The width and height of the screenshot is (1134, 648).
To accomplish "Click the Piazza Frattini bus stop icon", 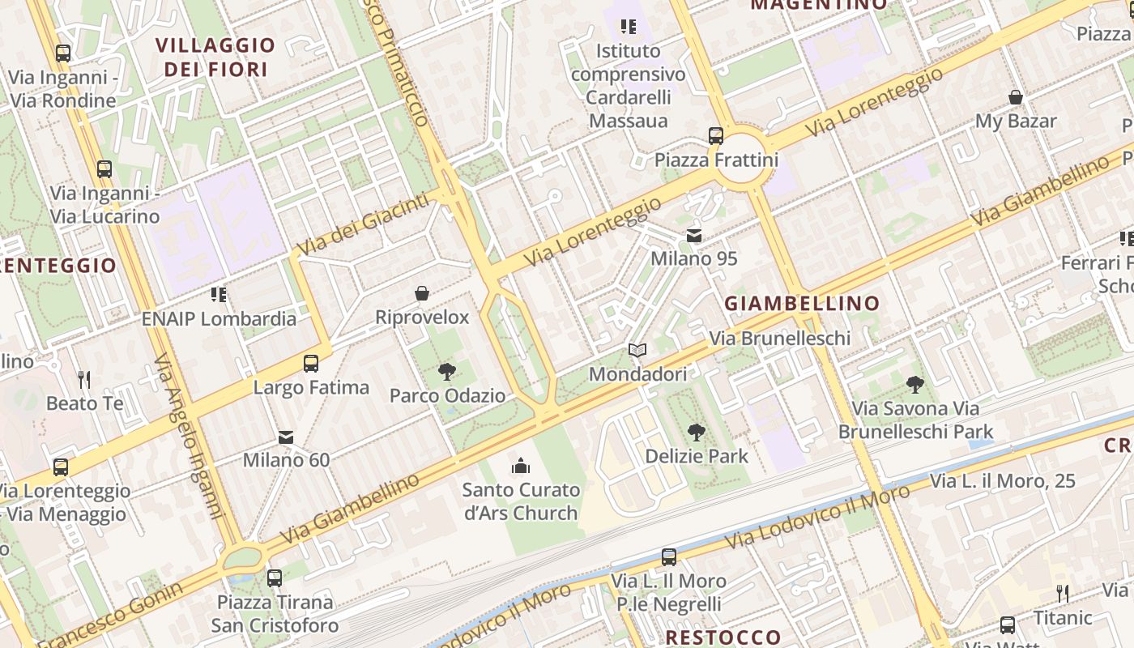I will click(x=715, y=135).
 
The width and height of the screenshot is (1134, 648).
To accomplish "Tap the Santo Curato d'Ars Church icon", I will click(x=520, y=466).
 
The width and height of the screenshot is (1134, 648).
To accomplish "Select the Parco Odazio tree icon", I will click(x=446, y=372).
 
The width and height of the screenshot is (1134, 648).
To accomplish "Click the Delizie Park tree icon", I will click(x=696, y=433).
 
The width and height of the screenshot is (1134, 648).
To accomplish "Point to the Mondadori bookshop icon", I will click(x=637, y=351).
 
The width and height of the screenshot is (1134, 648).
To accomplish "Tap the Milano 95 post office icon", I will click(x=694, y=236).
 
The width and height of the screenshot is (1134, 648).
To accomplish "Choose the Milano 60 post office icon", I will click(x=286, y=437).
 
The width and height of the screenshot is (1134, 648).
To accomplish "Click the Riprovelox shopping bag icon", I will click(x=422, y=293).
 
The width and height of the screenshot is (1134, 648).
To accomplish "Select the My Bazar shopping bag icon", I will click(x=1015, y=98).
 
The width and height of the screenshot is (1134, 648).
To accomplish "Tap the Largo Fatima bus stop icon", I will click(x=311, y=364).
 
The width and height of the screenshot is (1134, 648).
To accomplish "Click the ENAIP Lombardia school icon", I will click(x=219, y=295).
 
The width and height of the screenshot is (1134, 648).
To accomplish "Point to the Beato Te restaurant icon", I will click(x=83, y=379).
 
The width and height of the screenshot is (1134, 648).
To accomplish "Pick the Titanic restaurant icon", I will click(x=1063, y=594).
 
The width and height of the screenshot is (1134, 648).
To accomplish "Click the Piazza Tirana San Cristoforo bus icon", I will click(x=275, y=578).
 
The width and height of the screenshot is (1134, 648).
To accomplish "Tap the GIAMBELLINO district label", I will click(x=801, y=304).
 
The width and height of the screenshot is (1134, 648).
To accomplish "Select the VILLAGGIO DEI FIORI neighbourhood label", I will click(x=215, y=57).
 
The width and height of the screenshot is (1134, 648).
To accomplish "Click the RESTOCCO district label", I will click(x=723, y=637).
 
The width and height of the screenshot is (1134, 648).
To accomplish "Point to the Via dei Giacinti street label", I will click(x=362, y=224).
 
